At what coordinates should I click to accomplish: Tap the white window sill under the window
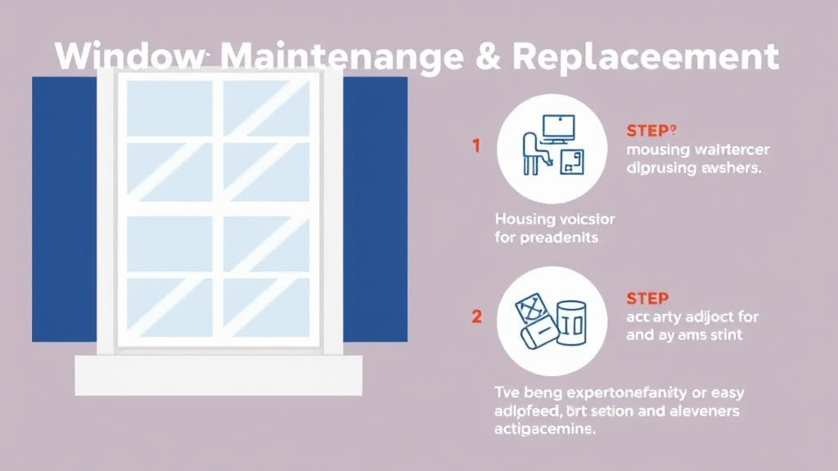tap(219, 375)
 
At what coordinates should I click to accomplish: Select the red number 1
tap(475, 146)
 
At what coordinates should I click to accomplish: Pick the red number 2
tap(476, 316)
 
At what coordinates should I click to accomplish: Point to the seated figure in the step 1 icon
tap(529, 152)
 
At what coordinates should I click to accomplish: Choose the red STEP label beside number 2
tap(647, 298)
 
